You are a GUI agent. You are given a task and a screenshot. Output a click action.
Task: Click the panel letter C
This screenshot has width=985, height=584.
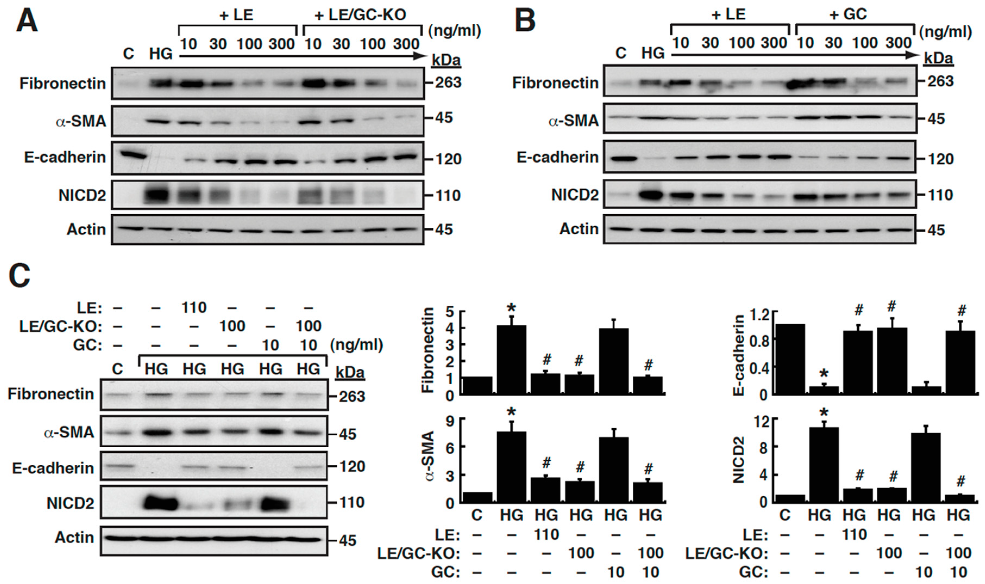click(x=20, y=275)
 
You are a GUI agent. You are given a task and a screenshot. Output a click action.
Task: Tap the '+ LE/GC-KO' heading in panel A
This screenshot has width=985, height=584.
click(x=360, y=15)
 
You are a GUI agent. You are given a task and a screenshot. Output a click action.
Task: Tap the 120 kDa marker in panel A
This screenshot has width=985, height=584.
click(x=448, y=159)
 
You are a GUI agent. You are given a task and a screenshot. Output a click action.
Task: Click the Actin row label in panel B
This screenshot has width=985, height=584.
click(x=579, y=229)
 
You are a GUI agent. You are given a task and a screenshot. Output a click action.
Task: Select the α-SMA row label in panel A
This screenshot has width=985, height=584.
click(x=81, y=121)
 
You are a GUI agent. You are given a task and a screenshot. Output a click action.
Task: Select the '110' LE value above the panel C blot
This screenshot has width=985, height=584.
click(x=194, y=307)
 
